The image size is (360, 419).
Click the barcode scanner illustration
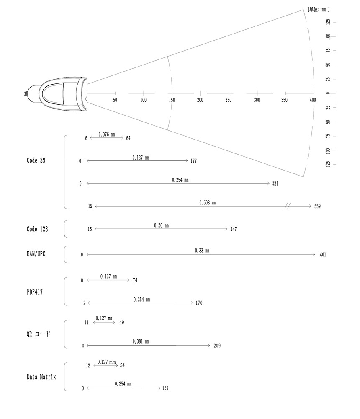57,95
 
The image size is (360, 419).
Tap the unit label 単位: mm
318,9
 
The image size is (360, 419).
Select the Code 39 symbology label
36,160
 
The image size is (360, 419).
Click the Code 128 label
37,229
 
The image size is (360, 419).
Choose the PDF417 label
34,292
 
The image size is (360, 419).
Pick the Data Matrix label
41,377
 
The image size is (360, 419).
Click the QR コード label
38,334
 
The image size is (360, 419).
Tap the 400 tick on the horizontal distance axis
313,100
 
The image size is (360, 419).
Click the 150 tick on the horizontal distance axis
172,100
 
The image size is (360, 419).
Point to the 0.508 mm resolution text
208,203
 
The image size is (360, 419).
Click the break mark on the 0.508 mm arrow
287,206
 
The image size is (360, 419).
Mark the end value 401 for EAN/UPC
322,254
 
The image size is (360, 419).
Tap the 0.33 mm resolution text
202,251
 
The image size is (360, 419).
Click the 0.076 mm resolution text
107,134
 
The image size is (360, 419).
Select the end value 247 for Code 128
234,229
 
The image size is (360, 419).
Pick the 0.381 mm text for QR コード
141,341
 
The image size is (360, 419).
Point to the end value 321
275,184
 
